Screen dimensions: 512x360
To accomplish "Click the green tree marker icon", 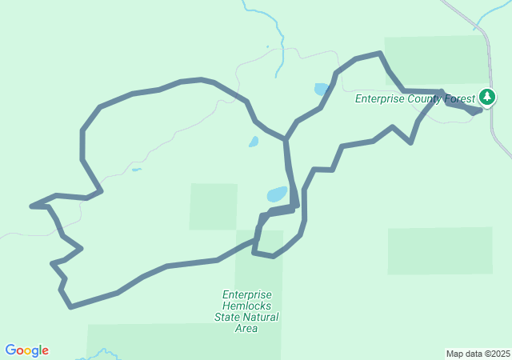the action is point(487,98).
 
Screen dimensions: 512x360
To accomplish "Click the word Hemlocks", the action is point(248,306).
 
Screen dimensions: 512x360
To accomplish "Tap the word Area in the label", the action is point(247,328).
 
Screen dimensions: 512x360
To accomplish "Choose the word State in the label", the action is point(227,317).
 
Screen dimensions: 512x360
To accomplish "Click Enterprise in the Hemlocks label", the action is point(247,294).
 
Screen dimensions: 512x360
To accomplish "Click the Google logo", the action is point(27,350).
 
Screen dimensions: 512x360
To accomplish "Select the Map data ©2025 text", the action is point(477,354).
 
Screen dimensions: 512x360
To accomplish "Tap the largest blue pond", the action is point(277,194).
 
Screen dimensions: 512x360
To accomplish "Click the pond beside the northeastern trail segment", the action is point(322,89).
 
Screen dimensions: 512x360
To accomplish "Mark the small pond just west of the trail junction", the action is point(254,142).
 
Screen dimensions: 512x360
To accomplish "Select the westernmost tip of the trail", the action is point(32,206).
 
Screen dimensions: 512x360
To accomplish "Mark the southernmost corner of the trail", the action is point(71,306).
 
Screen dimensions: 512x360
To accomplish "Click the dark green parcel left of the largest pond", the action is point(214,206).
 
